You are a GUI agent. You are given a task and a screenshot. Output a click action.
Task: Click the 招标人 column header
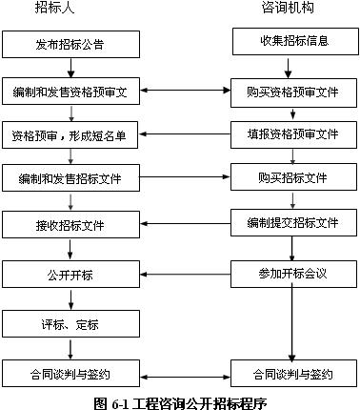pyautogui.click(x=70, y=9)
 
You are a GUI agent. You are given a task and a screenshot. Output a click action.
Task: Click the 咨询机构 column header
pyautogui.click(x=288, y=9)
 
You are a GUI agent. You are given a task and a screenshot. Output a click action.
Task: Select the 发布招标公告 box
pyautogui.click(x=70, y=45)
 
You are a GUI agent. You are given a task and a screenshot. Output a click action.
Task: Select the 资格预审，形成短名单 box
pyautogui.click(x=70, y=134)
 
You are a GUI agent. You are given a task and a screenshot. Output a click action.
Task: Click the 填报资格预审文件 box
pyautogui.click(x=292, y=133)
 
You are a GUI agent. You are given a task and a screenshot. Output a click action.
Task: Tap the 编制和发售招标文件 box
pyautogui.click(x=70, y=179)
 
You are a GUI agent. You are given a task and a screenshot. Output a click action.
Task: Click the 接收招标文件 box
pyautogui.click(x=70, y=226)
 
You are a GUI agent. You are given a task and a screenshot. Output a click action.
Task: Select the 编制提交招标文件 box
pyautogui.click(x=292, y=222)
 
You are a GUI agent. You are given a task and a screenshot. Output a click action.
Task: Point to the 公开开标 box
pyautogui.click(x=70, y=276)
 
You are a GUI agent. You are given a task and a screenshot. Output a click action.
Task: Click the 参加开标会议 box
pyautogui.click(x=292, y=274)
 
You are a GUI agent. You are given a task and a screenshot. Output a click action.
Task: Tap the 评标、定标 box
pyautogui.click(x=70, y=324)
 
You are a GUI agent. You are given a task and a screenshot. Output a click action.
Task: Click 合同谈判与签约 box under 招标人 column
pyautogui.click(x=70, y=373)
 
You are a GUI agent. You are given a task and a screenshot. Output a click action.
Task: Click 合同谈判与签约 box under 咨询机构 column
pyautogui.click(x=292, y=373)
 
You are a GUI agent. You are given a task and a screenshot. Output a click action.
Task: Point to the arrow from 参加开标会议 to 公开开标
pyautogui.click(x=186, y=275)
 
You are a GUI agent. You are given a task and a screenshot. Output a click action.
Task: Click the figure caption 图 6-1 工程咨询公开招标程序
pyautogui.click(x=180, y=401)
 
